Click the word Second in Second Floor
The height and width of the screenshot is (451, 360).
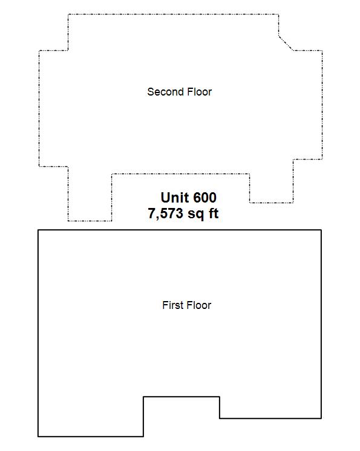click(165, 92)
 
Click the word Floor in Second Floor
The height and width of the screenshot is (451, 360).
click(200, 92)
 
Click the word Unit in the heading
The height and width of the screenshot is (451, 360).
click(175, 198)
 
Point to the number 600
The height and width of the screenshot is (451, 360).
click(205, 198)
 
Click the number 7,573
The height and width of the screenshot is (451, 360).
click(165, 213)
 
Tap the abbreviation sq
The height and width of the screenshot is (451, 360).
click(195, 214)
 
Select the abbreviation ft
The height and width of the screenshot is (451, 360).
click(214, 213)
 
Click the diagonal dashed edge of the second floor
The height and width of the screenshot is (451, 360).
click(286, 43)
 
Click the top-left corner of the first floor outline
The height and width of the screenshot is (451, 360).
click(38, 230)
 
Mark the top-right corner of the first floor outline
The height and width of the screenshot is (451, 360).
click(321, 230)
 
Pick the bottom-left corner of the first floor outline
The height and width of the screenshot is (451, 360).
click(38, 436)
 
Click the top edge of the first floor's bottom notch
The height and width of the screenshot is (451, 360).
click(182, 397)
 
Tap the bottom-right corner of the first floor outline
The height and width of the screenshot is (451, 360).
click(321, 418)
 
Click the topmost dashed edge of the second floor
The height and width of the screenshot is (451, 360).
click(173, 14)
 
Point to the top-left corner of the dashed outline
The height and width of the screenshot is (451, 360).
click(68, 14)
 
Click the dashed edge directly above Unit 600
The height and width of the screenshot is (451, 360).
click(180, 174)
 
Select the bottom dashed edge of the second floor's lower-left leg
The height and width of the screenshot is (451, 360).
click(90, 221)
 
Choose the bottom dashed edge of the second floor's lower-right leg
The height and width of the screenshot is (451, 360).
click(272, 203)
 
